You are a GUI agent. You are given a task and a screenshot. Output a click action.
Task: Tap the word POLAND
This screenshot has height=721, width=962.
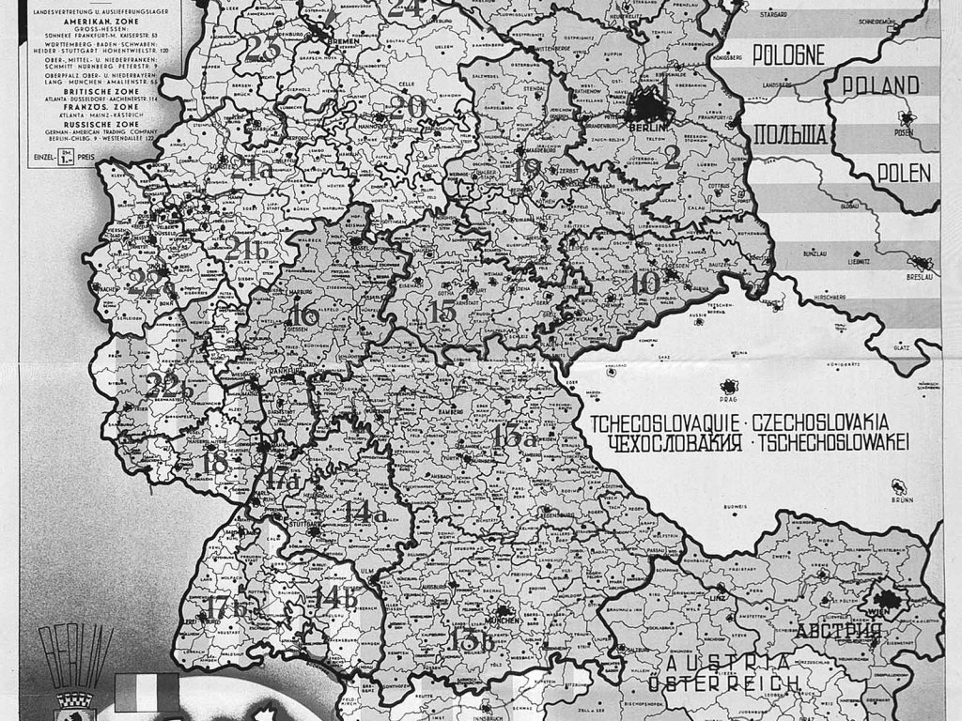(x=880, y=85)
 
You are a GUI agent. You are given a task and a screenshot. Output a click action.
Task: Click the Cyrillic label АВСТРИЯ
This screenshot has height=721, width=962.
(x=838, y=630)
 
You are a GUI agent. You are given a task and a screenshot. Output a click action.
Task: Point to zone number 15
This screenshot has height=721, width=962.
(x=442, y=313)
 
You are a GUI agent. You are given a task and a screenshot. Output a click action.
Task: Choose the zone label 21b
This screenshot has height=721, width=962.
(x=243, y=248)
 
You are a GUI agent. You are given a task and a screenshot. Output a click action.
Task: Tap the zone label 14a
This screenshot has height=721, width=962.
(x=365, y=513)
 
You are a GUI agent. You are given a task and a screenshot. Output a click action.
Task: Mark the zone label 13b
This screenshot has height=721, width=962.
(x=473, y=642)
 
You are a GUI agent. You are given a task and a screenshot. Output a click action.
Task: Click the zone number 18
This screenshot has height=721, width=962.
(x=215, y=462)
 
